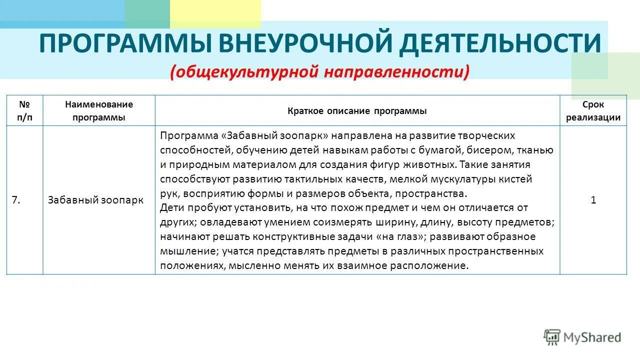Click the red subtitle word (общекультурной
[245, 72]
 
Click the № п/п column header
[24, 111]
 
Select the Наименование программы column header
[99, 111]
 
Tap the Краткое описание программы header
[357, 111]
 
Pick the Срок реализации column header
[593, 111]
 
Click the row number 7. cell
[16, 200]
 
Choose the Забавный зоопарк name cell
[95, 200]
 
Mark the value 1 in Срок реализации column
[593, 200]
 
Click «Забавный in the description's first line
[246, 136]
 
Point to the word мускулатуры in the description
[454, 179]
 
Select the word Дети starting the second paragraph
[171, 207]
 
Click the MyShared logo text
[592, 337]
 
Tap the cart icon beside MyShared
[552, 337]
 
